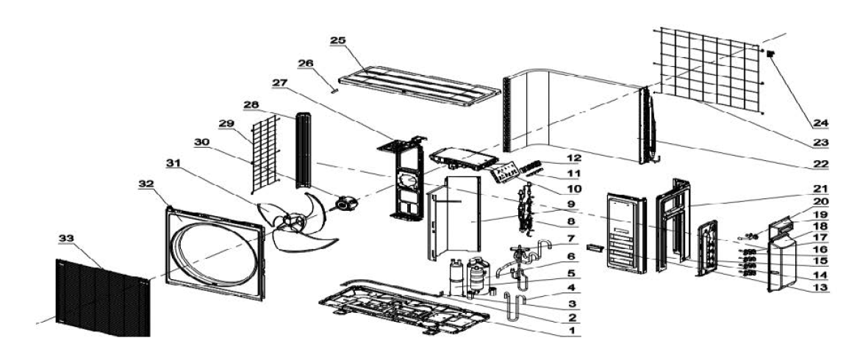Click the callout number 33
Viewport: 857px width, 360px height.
(68, 238)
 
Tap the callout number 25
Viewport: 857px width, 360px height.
(338, 41)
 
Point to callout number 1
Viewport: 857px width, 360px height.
(572, 331)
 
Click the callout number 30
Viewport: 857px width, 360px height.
(201, 142)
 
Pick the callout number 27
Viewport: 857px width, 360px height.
(280, 82)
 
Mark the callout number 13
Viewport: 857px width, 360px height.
(820, 287)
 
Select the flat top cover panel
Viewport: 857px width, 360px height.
(419, 85)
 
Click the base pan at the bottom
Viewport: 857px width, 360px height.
(404, 309)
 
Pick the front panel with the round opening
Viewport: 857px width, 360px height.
(215, 253)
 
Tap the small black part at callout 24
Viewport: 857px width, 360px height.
(771, 54)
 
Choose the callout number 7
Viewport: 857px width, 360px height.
(572, 238)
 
